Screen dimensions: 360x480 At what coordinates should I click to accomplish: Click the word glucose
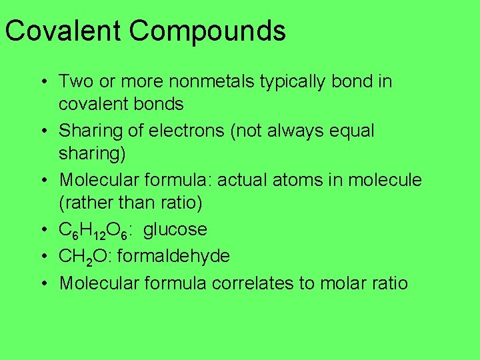(x=175, y=229)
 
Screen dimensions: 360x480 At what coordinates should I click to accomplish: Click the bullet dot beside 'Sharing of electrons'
(x=42, y=131)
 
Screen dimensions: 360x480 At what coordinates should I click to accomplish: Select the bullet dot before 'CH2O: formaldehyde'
(x=42, y=257)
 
